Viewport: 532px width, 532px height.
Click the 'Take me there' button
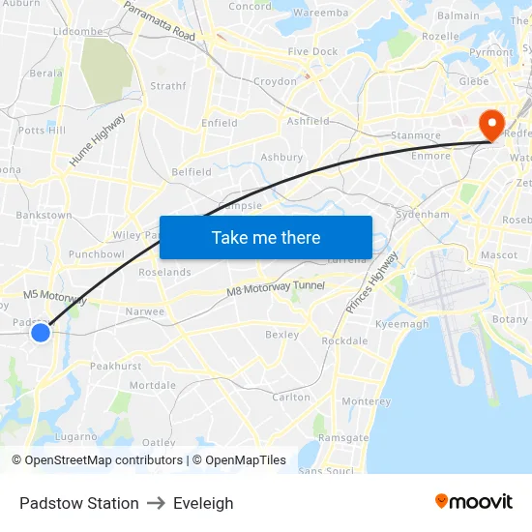click(x=266, y=237)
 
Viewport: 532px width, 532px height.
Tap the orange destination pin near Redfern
click(x=490, y=124)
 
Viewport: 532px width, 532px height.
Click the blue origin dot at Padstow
click(x=40, y=333)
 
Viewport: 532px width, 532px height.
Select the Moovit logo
click(x=474, y=501)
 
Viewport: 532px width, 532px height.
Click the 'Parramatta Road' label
click(x=160, y=20)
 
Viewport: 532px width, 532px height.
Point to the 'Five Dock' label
click(x=311, y=51)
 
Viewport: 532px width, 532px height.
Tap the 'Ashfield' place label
click(x=308, y=122)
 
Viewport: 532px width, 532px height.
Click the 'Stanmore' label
click(x=415, y=136)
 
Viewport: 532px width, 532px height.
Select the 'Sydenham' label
click(x=423, y=214)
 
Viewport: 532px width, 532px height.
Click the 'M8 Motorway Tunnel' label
click(x=276, y=288)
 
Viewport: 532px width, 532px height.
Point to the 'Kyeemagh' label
click(x=401, y=324)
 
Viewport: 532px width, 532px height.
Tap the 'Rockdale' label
click(x=344, y=341)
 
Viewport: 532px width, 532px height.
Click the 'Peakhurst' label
click(x=115, y=367)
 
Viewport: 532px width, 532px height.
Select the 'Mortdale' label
click(x=153, y=385)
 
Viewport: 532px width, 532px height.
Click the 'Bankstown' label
click(x=44, y=215)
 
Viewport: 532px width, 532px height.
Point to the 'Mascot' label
click(x=499, y=255)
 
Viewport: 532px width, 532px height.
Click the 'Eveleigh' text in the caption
click(x=203, y=503)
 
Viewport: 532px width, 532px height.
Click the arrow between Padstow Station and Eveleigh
click(x=156, y=503)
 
